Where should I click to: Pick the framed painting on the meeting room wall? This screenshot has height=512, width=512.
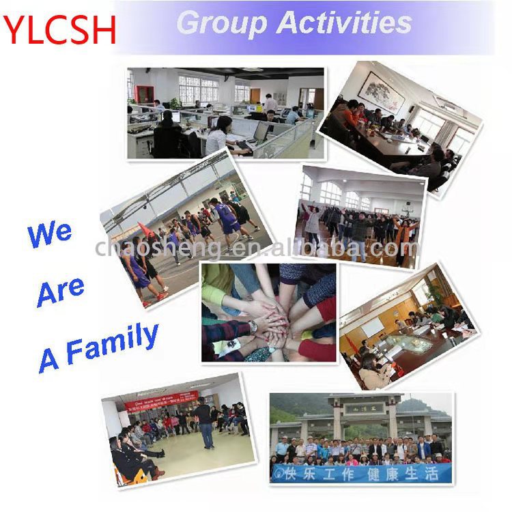[x=382, y=92]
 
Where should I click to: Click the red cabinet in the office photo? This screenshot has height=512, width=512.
[x=144, y=94]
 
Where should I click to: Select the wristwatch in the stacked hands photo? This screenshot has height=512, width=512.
[x=253, y=326]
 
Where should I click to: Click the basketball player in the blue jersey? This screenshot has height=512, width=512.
[x=225, y=218]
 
